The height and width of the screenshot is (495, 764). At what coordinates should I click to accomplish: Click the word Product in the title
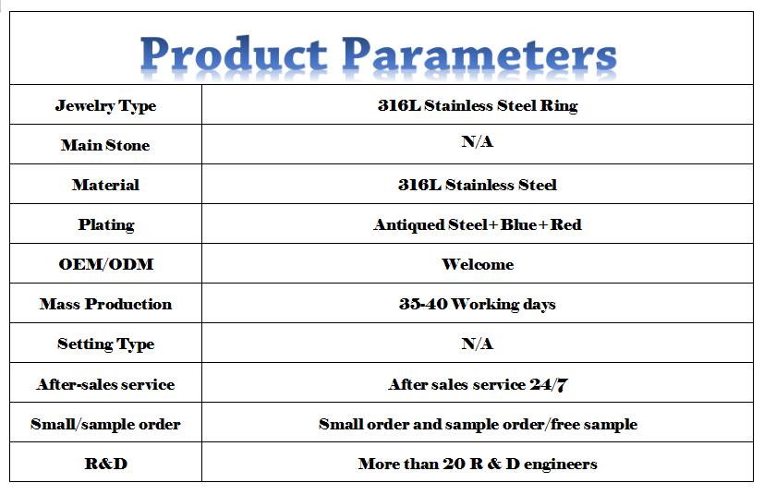(x=234, y=54)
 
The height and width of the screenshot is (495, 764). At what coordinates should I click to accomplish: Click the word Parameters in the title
(x=479, y=55)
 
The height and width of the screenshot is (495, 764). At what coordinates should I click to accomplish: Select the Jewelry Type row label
(x=105, y=105)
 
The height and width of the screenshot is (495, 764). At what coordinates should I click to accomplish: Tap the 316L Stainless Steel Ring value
(x=478, y=105)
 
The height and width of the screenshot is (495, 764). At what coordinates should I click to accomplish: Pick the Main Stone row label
(x=105, y=145)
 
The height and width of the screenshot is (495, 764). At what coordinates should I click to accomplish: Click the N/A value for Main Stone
(x=478, y=141)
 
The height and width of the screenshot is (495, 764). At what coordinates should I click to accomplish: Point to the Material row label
(x=105, y=185)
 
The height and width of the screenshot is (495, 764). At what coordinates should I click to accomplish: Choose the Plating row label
(x=106, y=224)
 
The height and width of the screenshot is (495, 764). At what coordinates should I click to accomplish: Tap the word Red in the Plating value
(x=565, y=224)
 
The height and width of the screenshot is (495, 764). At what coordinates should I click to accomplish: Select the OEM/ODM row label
(x=106, y=264)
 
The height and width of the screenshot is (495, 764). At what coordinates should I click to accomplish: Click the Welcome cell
(x=478, y=264)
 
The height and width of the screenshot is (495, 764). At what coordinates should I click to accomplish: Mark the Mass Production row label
(x=105, y=304)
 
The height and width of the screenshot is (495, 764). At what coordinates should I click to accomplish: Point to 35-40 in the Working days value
(x=423, y=304)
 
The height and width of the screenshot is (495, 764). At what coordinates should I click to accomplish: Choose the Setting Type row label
(x=105, y=344)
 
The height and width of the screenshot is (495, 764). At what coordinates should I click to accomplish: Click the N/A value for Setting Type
(x=478, y=344)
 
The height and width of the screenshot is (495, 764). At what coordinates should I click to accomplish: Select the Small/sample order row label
(x=105, y=424)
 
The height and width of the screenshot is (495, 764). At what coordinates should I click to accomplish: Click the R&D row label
(x=106, y=464)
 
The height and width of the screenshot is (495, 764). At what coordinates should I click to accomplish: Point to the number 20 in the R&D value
(x=455, y=464)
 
